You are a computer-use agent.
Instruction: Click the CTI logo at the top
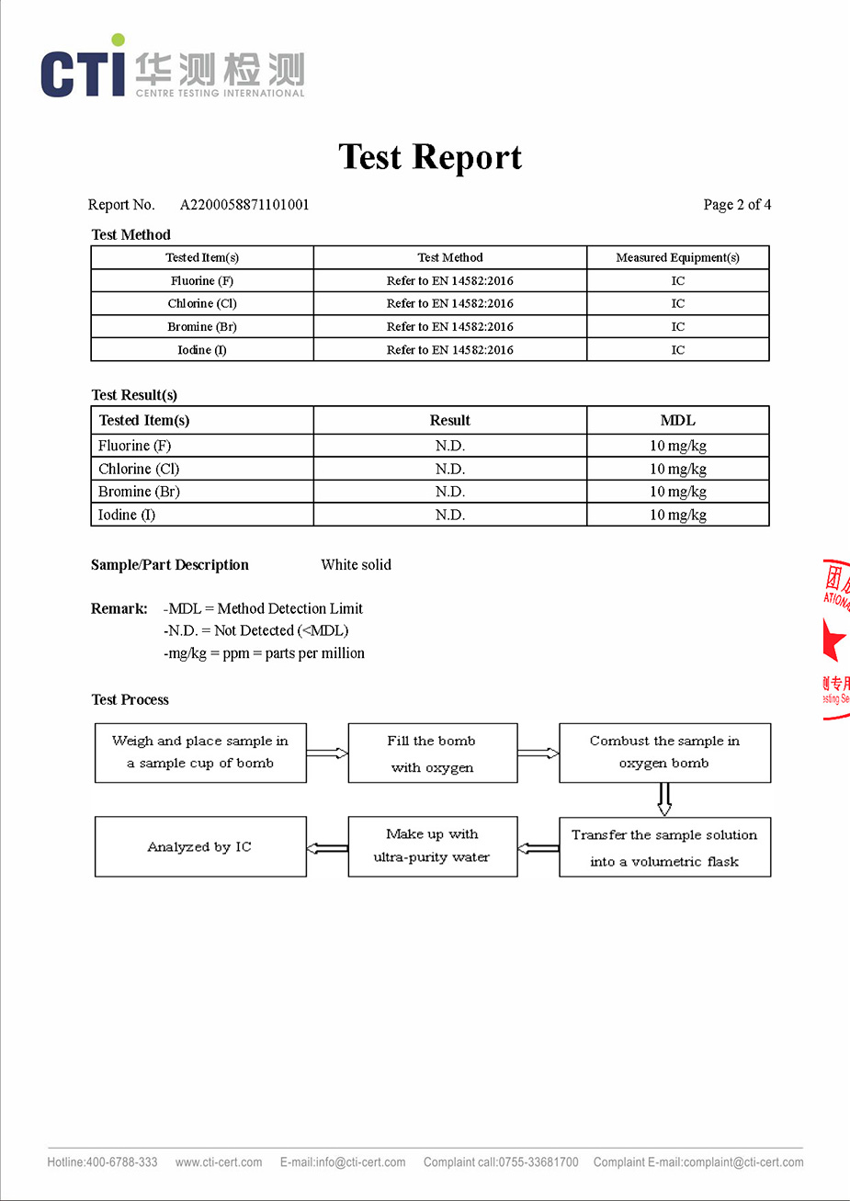click(172, 69)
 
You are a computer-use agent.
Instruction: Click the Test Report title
click(429, 157)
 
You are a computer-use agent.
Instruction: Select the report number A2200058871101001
click(244, 205)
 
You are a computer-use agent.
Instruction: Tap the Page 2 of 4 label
click(737, 205)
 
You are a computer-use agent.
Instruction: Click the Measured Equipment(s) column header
click(677, 257)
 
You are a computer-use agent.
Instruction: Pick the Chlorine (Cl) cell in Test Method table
click(202, 303)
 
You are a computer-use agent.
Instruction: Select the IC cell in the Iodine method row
click(677, 350)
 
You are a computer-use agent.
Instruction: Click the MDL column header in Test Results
click(677, 420)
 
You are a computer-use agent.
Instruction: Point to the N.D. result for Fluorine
click(449, 446)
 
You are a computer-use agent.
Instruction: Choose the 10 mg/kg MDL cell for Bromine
click(677, 492)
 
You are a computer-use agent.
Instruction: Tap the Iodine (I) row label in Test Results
click(127, 515)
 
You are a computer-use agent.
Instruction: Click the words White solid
click(356, 565)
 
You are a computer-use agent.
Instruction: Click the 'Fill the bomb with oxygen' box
click(432, 753)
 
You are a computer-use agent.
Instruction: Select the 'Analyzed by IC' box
click(200, 846)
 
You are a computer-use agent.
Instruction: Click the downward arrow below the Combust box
click(664, 799)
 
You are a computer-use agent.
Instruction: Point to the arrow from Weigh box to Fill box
click(327, 753)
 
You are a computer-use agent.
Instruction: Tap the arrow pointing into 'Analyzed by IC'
click(327, 847)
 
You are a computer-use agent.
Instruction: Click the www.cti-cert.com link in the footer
click(219, 1162)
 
